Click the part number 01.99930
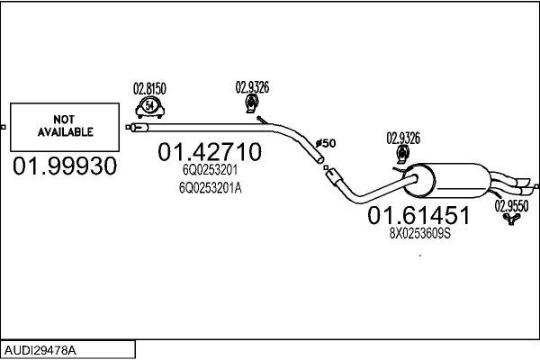pos(65,166)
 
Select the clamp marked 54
pos(149,107)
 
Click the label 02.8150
pos(149,88)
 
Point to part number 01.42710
pos(210,152)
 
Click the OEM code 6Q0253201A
pos(210,188)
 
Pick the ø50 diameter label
pos(326,143)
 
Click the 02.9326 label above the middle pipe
pos(252,87)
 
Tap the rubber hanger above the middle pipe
pos(252,104)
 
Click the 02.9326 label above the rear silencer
pos(403,138)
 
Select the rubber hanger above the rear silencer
pos(402,155)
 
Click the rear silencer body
pos(446,181)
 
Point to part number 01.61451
pos(418,215)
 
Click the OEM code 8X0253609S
pos(420,234)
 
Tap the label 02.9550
pos(511,206)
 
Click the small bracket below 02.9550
pos(511,219)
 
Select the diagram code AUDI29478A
pos(40,350)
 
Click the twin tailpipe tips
pos(522,186)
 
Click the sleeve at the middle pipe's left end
pos(139,128)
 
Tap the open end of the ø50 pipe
pos(320,160)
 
